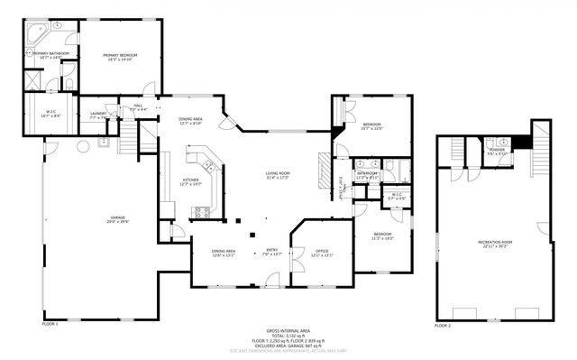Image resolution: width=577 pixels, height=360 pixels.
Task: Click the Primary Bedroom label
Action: pyautogui.click(x=118, y=56)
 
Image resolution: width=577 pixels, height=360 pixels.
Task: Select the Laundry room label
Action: pyautogui.click(x=98, y=115)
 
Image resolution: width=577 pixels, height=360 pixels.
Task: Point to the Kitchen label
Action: pyautogui.click(x=191, y=181)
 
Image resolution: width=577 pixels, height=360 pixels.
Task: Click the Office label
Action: pyautogui.click(x=322, y=252)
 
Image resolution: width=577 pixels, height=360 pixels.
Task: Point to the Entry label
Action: pyautogui.click(x=271, y=252)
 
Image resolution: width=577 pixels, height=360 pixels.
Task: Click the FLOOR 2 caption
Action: pyautogui.click(x=442, y=325)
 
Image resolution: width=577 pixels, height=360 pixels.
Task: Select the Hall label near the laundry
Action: pyautogui.click(x=138, y=107)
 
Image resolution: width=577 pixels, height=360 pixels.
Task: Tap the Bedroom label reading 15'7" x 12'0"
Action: pyautogui.click(x=372, y=125)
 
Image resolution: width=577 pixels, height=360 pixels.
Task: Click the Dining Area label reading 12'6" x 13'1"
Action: pyautogui.click(x=223, y=252)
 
